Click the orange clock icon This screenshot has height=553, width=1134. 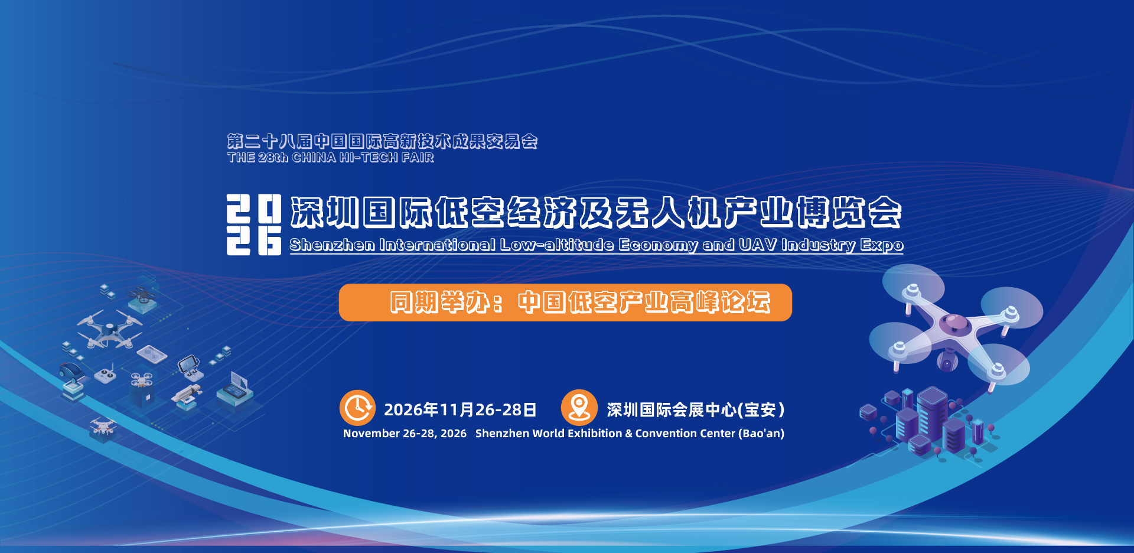[x=357, y=408]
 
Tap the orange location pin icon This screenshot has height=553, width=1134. [x=579, y=407]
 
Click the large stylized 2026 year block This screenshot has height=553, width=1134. [x=254, y=225]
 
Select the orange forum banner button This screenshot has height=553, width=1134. [x=565, y=302]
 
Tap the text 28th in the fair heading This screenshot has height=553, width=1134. [x=273, y=158]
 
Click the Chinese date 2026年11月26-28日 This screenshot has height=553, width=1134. [x=460, y=409]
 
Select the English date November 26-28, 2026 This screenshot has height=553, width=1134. [x=405, y=434]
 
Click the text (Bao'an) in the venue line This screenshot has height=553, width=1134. [x=761, y=434]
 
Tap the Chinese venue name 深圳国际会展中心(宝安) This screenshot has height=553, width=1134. [x=696, y=409]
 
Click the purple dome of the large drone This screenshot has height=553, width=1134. [x=953, y=323]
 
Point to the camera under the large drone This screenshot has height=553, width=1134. [x=947, y=362]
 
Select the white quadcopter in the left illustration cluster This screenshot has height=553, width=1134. [x=109, y=331]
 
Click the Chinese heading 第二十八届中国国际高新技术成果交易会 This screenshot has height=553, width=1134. [x=382, y=141]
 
